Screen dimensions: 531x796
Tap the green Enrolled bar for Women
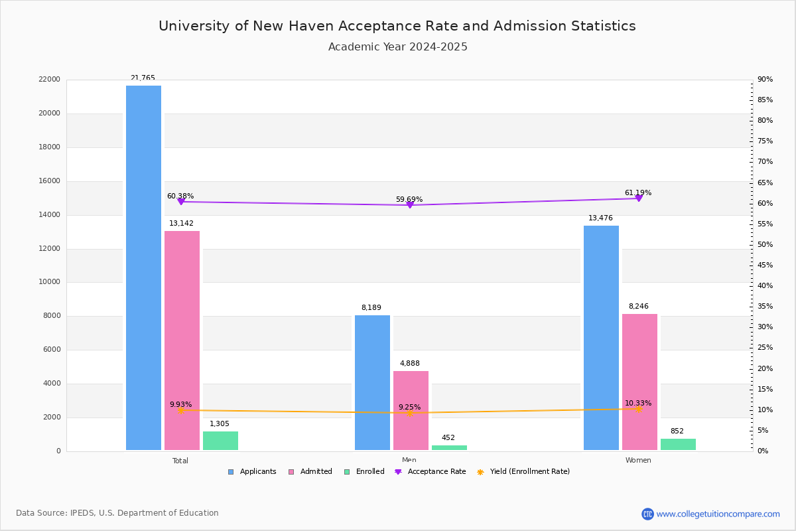coord(678,444)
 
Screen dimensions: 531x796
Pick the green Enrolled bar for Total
coord(220,441)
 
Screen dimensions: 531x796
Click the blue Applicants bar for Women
coord(601,338)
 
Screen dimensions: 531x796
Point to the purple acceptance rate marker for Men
coord(409,205)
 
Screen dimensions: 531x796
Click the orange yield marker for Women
coord(638,409)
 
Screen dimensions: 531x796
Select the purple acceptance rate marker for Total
coord(180,201)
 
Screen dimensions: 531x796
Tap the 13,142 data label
coord(181,224)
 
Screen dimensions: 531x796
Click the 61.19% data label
coord(637,193)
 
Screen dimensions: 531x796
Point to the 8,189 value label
coord(371,308)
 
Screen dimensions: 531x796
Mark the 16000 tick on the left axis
coord(50,181)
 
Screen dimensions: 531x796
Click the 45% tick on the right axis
coord(765,265)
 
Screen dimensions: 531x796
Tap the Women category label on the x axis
coord(637,461)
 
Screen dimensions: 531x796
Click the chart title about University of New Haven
coord(397,27)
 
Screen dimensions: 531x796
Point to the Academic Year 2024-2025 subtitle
coord(397,47)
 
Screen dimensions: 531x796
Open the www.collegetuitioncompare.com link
coord(718,514)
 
